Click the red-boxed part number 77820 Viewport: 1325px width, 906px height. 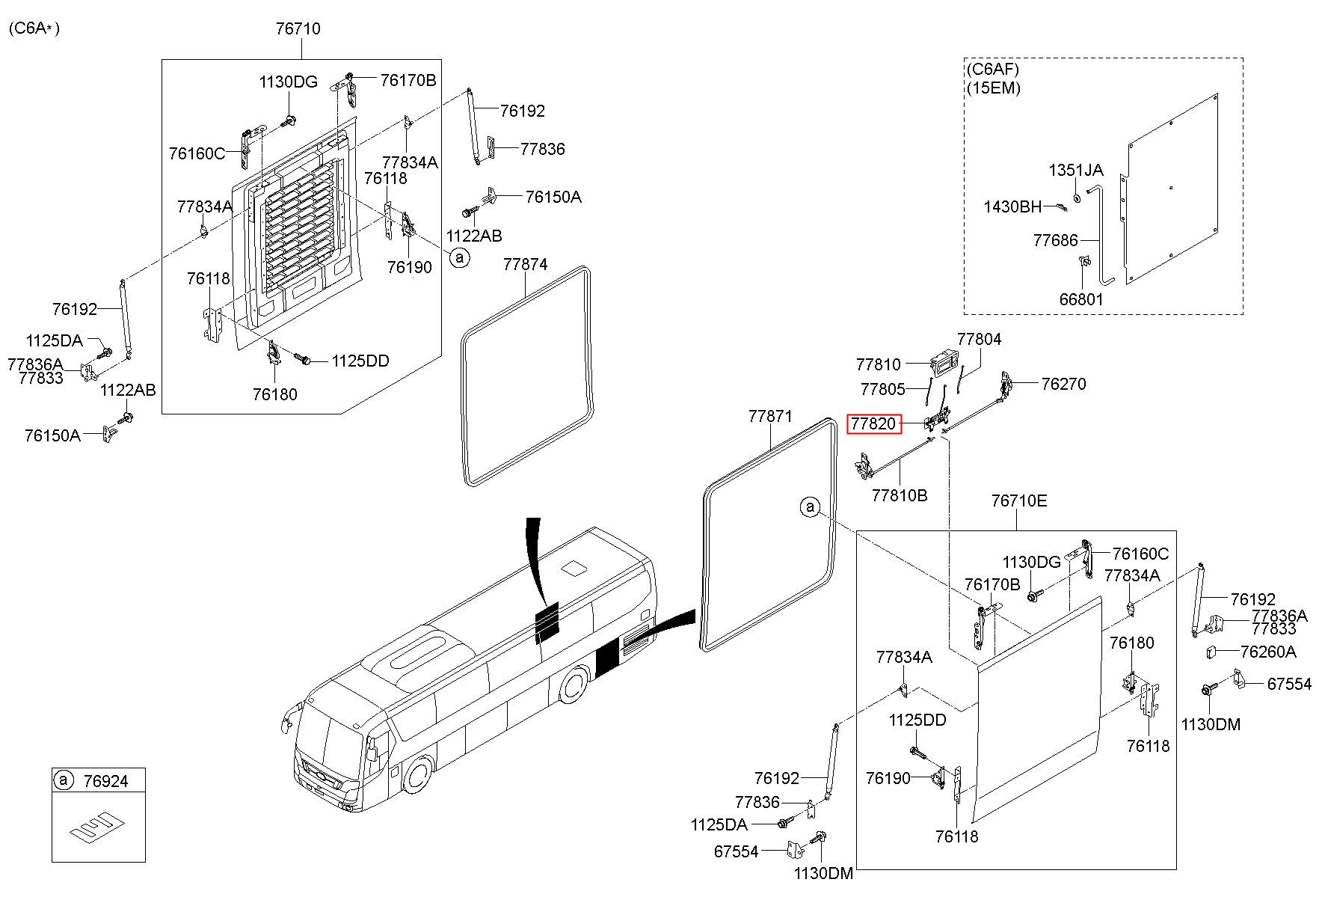[x=874, y=424]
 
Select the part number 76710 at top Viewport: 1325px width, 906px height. [x=298, y=29]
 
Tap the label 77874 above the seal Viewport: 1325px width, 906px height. [x=525, y=265]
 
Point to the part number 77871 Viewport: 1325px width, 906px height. [x=770, y=417]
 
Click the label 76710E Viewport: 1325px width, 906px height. [x=1019, y=501]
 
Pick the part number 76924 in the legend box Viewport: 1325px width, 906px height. [x=106, y=781]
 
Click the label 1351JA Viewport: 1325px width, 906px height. [x=1075, y=171]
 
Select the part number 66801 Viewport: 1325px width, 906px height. [x=1081, y=299]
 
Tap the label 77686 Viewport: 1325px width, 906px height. [x=1055, y=240]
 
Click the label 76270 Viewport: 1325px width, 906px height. [x=1063, y=384]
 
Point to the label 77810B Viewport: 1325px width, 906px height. [x=900, y=495]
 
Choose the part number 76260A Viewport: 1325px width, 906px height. [x=1267, y=652]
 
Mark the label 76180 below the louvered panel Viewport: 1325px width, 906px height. [x=274, y=394]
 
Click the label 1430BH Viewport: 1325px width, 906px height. [x=1012, y=206]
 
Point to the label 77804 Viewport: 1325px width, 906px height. [x=979, y=339]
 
